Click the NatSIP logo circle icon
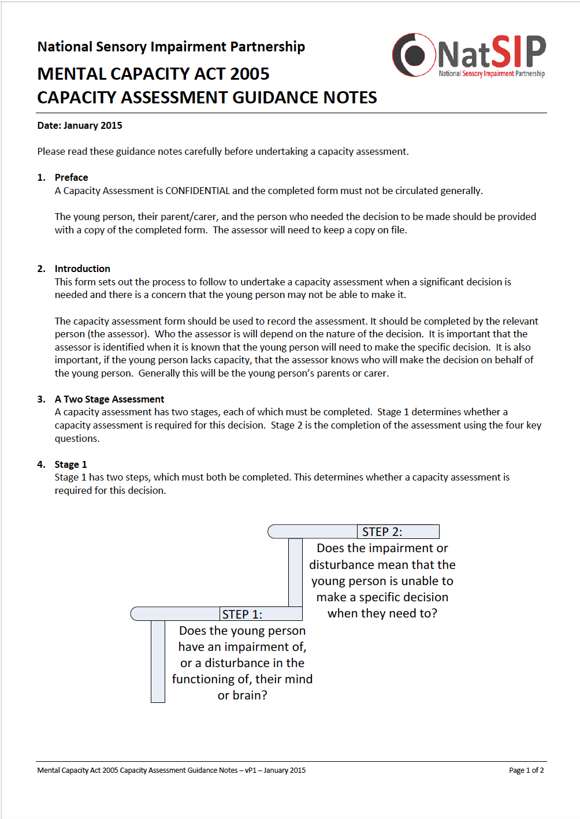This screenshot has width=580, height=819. (414, 55)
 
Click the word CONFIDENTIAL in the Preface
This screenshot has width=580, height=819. (198, 191)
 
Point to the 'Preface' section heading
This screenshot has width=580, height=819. (71, 177)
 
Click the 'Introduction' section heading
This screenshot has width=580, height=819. (82, 269)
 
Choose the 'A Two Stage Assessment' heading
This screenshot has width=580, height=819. (109, 399)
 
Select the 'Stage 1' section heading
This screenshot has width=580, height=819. (70, 464)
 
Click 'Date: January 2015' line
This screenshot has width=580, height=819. (80, 125)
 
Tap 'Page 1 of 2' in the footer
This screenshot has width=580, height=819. (526, 770)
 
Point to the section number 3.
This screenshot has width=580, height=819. (41, 399)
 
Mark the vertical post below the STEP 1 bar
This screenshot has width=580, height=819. (158, 661)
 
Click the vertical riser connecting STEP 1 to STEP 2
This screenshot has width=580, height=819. (295, 572)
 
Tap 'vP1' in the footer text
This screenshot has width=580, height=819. (250, 770)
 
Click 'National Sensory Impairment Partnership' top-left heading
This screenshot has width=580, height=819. (171, 47)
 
